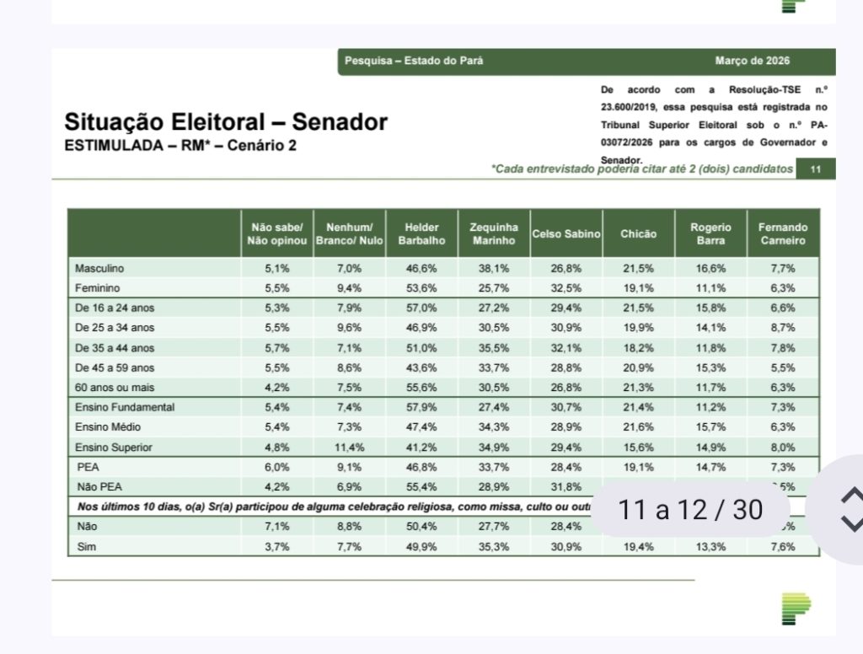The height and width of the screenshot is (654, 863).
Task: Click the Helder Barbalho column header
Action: (x=422, y=233)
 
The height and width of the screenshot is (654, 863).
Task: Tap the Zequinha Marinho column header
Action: (x=494, y=233)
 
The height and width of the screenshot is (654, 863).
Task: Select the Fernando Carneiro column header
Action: (x=782, y=233)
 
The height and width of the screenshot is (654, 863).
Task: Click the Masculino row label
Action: (x=99, y=268)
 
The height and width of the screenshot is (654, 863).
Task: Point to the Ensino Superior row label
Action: (x=109, y=447)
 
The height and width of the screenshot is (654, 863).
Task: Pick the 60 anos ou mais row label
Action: (x=111, y=387)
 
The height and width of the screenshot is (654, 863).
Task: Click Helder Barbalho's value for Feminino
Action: (x=422, y=287)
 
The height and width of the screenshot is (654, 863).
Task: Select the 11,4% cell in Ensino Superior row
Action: (x=350, y=447)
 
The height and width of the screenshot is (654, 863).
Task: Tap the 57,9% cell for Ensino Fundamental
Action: (x=422, y=407)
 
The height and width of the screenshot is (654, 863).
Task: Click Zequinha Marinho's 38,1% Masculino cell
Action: (x=494, y=268)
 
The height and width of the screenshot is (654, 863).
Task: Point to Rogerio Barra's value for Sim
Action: (x=710, y=547)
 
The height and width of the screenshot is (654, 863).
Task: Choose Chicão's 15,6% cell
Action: (x=637, y=447)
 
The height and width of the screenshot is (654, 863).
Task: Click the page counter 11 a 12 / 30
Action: (x=690, y=510)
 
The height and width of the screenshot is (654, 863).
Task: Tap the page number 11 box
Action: (x=815, y=169)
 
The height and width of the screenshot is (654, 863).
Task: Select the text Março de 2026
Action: (x=753, y=61)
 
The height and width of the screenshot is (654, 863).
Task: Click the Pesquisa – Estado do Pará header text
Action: (x=414, y=61)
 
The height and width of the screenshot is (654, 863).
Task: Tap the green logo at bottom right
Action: (x=795, y=608)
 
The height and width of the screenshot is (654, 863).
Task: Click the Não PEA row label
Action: (x=98, y=486)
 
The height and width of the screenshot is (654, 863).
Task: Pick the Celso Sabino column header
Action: (x=566, y=233)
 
